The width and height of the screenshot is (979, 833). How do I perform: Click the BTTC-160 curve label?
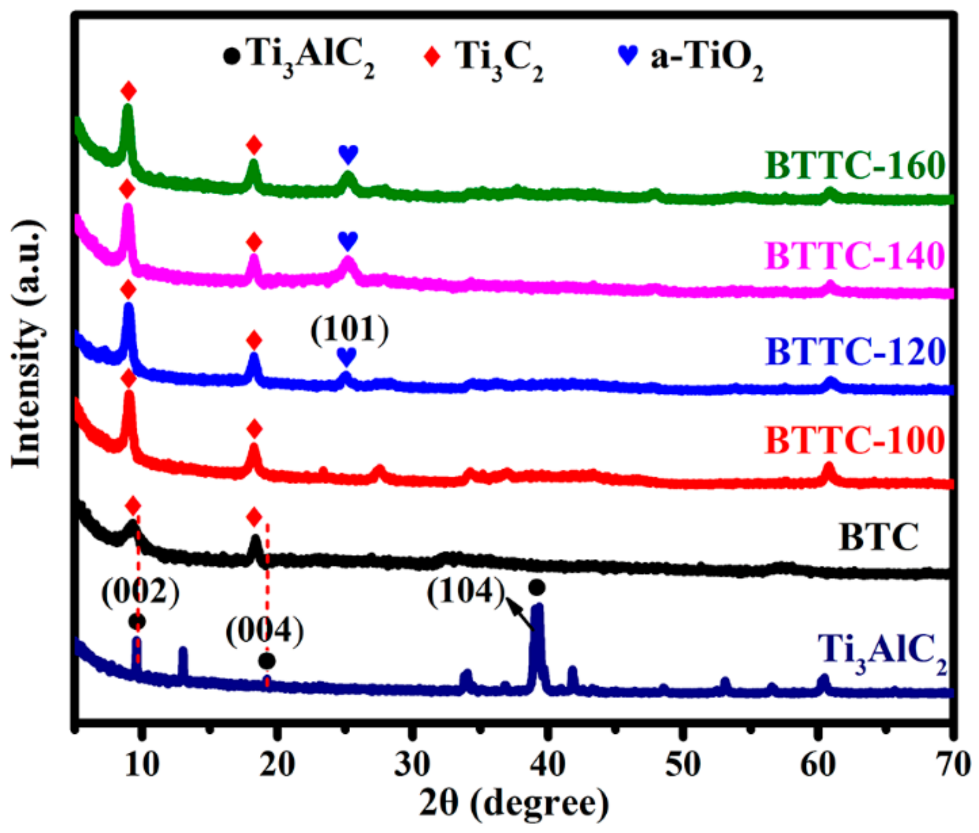click(854, 166)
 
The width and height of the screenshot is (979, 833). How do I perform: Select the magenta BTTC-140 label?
click(854, 256)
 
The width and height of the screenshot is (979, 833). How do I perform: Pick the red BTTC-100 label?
click(854, 440)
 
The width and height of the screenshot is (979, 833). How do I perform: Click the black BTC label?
click(879, 537)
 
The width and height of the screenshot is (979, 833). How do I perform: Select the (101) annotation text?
click(350, 330)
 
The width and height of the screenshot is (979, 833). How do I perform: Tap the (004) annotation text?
click(265, 631)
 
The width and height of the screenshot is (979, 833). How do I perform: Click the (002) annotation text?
click(140, 592)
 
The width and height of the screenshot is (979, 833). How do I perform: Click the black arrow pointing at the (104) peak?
click(521, 614)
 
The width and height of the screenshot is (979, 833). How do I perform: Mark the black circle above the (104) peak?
click(536, 588)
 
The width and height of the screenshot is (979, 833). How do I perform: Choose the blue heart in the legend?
click(628, 54)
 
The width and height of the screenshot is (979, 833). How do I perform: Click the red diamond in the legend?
click(432, 56)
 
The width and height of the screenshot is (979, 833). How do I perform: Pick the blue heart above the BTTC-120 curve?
click(347, 357)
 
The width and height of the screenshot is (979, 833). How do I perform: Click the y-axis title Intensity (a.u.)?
click(26, 343)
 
